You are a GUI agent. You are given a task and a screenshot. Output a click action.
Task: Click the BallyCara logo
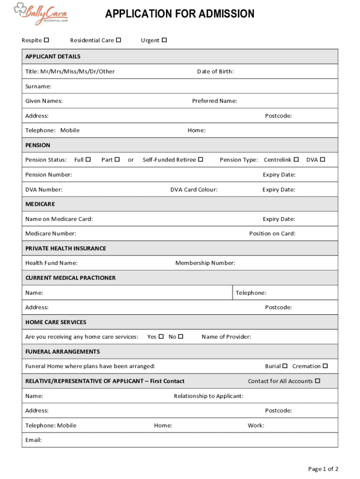coord(41,12)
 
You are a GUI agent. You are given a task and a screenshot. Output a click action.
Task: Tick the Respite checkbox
coord(47,40)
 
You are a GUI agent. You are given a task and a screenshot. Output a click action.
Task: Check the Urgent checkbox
coord(164,40)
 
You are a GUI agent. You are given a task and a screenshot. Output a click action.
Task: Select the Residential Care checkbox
coord(119,40)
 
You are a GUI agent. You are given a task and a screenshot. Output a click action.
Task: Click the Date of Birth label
coord(215,72)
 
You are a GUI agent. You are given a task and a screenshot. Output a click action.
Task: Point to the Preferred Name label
coord(214,101)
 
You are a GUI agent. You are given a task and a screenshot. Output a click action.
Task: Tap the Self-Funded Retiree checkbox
coord(201,160)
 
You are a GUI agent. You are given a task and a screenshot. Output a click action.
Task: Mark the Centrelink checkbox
coord(296,160)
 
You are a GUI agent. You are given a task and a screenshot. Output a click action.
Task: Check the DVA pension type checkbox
coord(322,160)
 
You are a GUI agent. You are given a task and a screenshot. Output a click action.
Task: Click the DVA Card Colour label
coord(194,189)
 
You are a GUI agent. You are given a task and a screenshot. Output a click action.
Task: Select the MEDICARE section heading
coord(40,204)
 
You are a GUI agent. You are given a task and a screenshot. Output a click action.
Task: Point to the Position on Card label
coord(272,233)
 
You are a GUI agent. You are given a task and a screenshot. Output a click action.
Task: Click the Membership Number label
coord(205,263)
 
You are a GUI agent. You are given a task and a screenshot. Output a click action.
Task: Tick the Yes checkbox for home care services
coord(161,336)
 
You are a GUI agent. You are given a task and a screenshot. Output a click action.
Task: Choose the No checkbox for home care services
coord(181,336)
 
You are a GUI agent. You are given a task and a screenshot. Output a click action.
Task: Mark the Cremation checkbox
coord(325,366)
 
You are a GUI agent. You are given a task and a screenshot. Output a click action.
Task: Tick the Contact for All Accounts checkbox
coord(317,381)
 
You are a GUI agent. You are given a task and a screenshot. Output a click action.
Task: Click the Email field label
coord(33,440)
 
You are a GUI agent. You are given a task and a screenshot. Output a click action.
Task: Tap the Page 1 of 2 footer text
coord(323,469)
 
